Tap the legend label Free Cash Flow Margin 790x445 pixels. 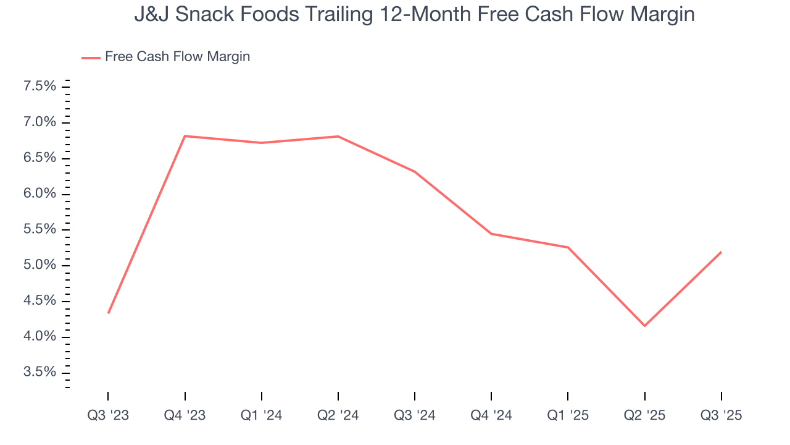(177, 57)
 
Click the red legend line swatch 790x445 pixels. (91, 57)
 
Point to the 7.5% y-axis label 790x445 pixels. (39, 87)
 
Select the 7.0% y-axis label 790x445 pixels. (39, 122)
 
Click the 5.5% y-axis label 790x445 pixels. (39, 229)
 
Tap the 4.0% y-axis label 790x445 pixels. (39, 336)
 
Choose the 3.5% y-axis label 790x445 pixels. (39, 372)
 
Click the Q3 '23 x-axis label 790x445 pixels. (108, 415)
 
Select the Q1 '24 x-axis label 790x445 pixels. (262, 415)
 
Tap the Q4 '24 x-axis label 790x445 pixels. (491, 415)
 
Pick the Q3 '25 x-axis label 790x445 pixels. (721, 415)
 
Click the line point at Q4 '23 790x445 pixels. (185, 136)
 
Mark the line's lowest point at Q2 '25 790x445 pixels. (644, 326)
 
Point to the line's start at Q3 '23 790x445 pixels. (109, 313)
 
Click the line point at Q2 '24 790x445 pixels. (338, 136)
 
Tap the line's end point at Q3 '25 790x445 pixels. (721, 252)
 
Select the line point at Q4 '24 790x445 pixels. (491, 234)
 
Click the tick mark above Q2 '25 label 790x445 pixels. (644, 396)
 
